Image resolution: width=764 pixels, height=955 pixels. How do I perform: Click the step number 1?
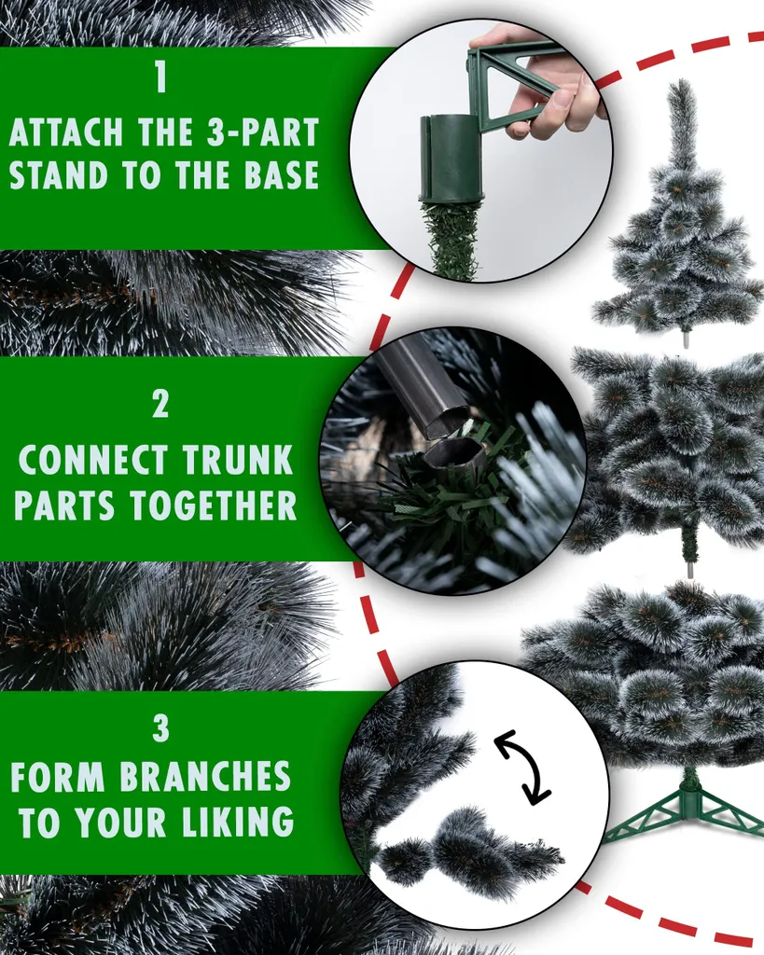[160, 78]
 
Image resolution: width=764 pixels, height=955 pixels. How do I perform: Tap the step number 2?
[160, 404]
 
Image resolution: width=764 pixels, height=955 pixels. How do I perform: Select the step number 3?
[160, 728]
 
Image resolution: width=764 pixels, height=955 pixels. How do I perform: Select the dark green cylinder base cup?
[451, 158]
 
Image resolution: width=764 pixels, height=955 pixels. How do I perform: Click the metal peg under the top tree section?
[686, 339]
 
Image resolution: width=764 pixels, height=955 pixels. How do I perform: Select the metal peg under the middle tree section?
[690, 568]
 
